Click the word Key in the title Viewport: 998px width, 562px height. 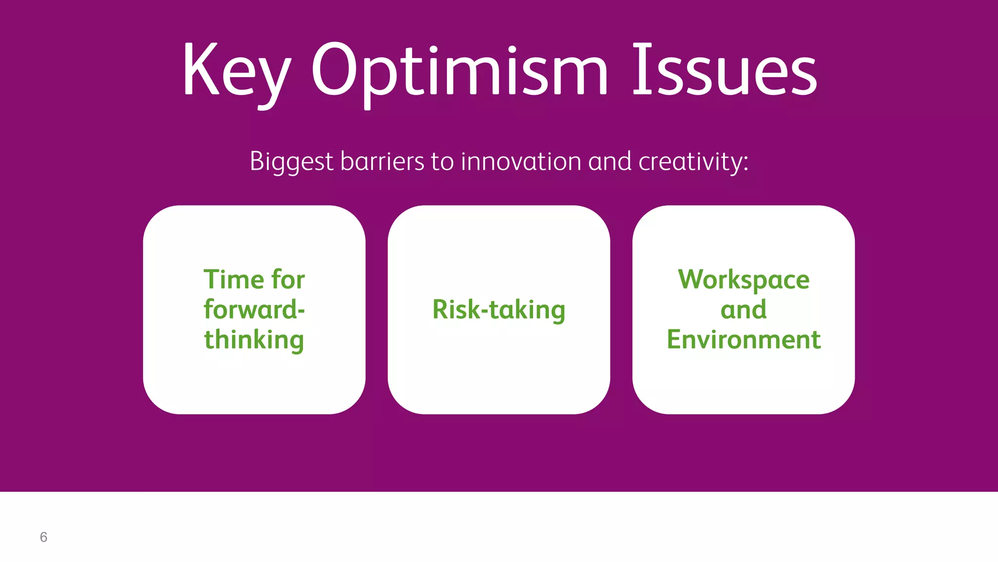coord(236,71)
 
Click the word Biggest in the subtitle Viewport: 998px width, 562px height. coord(291,161)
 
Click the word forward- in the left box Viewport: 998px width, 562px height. coord(254,309)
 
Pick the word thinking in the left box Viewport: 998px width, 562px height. coord(254,340)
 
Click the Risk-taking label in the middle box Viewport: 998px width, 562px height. coord(499,309)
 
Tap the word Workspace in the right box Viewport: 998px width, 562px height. coord(744,280)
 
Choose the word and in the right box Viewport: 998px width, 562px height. coord(744,309)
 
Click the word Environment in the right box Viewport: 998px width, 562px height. coord(744,340)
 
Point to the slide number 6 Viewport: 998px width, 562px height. coord(43,537)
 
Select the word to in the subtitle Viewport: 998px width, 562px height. coord(442,162)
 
